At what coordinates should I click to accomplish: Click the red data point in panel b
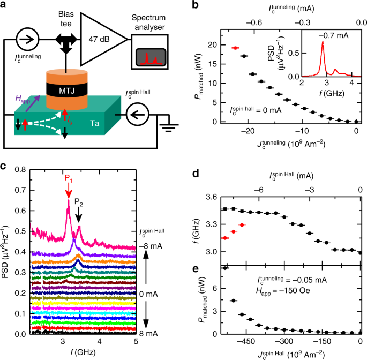[x=235, y=48]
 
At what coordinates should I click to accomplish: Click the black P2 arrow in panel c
[x=79, y=215]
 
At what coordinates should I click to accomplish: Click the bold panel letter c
[x=5, y=166]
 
